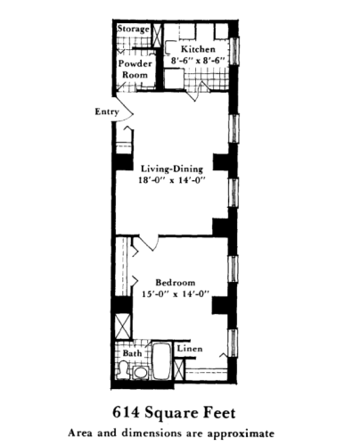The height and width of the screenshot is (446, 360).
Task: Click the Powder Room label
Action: (135, 70)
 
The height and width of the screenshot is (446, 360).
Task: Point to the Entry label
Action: (106, 111)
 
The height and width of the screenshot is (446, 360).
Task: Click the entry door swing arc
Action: (127, 109)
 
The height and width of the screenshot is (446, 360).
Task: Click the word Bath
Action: (132, 353)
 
